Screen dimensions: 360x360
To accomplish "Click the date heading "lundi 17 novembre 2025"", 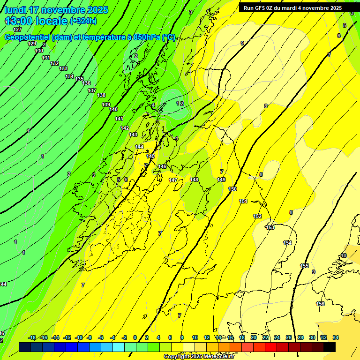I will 56,10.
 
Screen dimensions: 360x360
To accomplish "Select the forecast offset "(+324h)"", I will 83,21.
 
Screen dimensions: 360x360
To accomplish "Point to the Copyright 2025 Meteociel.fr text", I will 199,357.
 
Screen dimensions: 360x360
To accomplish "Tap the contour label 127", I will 17,30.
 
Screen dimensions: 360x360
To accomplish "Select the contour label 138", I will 101,95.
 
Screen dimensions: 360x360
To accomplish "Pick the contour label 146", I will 162,166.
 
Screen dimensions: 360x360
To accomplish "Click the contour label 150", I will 232,189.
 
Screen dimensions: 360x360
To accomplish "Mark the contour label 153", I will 270,227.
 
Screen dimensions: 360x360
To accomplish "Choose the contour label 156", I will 320,304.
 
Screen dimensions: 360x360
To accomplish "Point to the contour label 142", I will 125,128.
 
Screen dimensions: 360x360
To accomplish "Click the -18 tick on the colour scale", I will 32,338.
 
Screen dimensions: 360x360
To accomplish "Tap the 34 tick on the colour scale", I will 336,338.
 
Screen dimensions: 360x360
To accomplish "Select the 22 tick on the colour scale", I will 265,338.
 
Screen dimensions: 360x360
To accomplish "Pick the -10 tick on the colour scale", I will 79,338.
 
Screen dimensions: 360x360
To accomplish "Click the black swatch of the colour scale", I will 330,347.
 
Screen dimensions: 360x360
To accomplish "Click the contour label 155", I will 304,266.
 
